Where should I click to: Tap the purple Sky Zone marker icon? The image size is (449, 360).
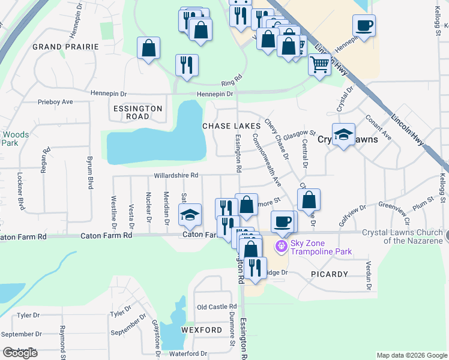pos(281,246)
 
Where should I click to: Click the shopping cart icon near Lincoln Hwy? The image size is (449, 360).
pos(320,63)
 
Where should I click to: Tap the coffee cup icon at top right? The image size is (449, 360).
pos(364,26)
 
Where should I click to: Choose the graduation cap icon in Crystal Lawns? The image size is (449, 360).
pos(343,134)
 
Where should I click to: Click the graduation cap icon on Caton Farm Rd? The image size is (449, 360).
pos(190,215)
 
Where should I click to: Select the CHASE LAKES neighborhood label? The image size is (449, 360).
pos(231,126)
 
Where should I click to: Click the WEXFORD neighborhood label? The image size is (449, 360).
pos(202,330)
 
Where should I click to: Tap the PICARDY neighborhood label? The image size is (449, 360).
pos(330,274)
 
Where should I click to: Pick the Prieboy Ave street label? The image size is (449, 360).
pos(55,102)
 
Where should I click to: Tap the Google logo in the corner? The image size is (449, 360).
pos(20,353)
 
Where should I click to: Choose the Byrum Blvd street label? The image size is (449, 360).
pos(90,172)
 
